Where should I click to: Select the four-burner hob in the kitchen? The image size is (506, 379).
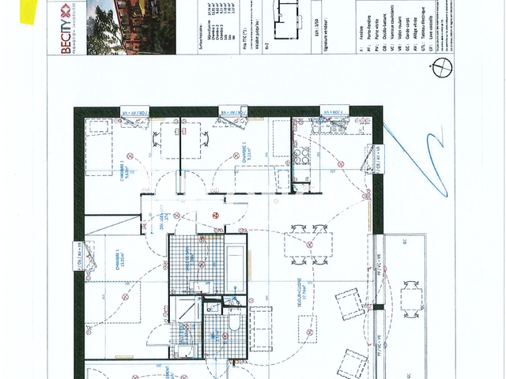click(301, 155)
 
